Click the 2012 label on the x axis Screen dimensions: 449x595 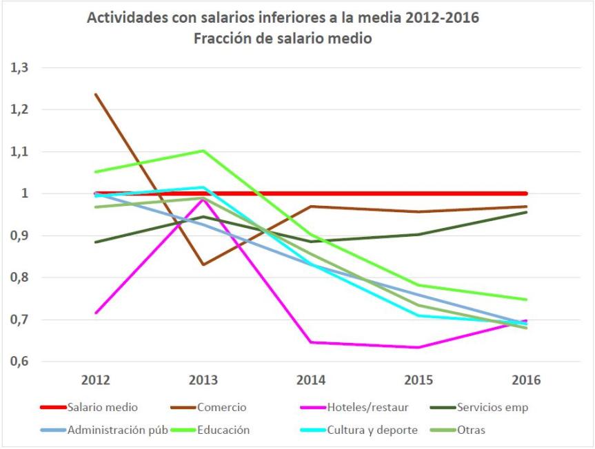[95, 380]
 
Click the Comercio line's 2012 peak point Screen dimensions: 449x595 [95, 94]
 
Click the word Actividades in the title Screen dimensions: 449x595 [127, 18]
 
